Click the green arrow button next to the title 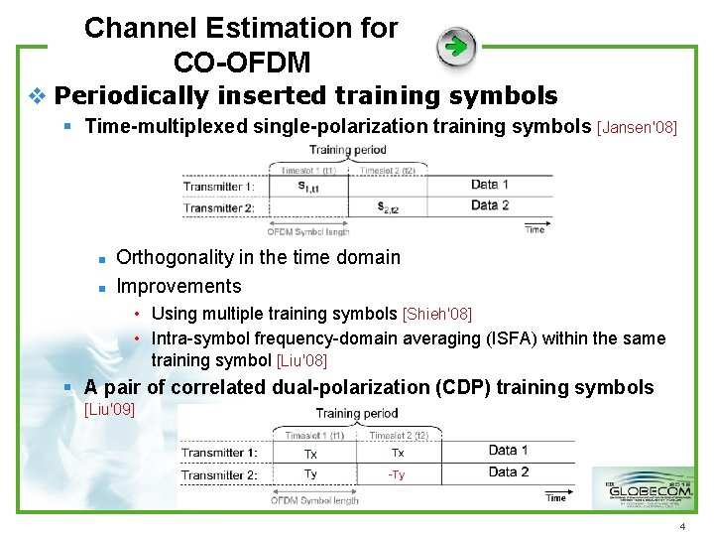click(x=456, y=46)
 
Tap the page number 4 click(x=682, y=525)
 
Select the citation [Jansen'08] click(x=637, y=127)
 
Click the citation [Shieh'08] click(x=436, y=315)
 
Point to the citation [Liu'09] click(x=109, y=408)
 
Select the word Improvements click(x=178, y=286)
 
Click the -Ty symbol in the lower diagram click(x=397, y=475)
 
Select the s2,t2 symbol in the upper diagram click(x=391, y=207)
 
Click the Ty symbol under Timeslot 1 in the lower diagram click(x=310, y=475)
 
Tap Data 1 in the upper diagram click(x=490, y=185)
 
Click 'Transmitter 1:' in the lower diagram click(x=218, y=454)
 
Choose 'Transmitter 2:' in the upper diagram click(x=219, y=207)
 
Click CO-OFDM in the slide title click(x=242, y=62)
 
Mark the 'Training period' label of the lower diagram click(x=357, y=414)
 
